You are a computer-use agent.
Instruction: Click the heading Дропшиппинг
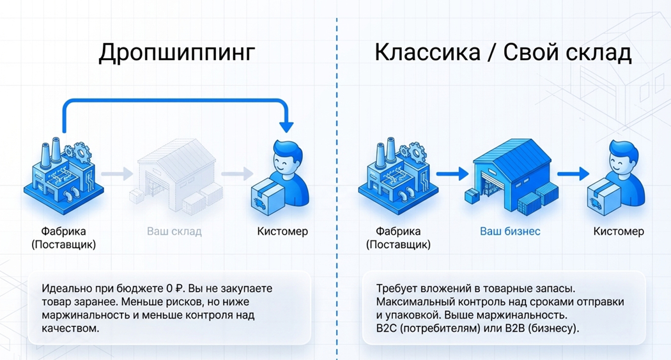point(176,54)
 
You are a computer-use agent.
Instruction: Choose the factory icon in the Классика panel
point(395,173)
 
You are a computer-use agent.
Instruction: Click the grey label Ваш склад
point(174,231)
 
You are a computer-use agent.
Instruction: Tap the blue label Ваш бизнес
point(510,231)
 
